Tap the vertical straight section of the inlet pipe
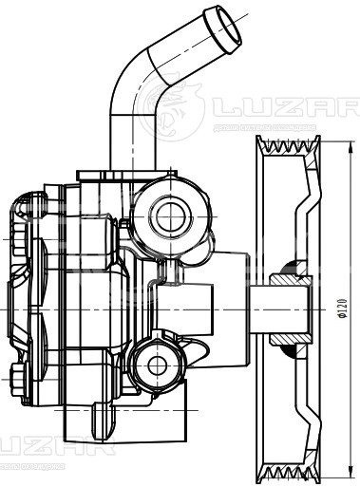pos(126,138)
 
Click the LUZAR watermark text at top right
pos(283,105)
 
